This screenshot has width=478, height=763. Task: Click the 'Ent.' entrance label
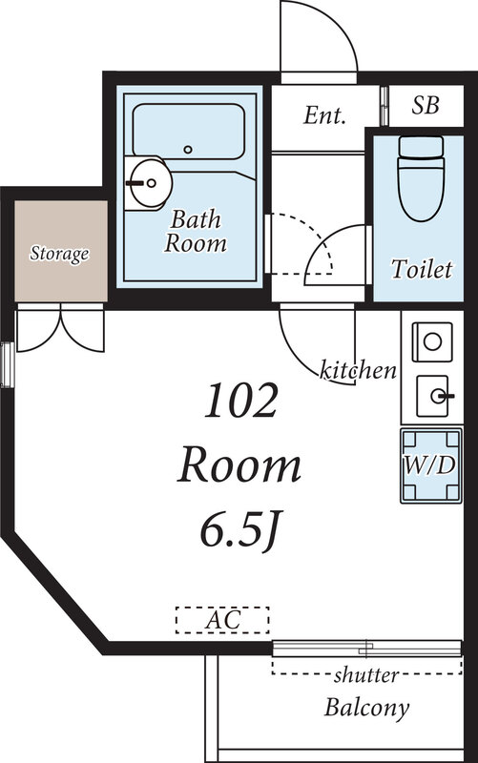pos(324,115)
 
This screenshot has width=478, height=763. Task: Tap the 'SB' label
pos(426,105)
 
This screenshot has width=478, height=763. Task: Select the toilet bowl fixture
pos(421,187)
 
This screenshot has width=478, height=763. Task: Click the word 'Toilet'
pos(422,269)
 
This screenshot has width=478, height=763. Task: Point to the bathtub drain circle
pos(188,150)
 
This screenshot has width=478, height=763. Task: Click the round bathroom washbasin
pos(151,183)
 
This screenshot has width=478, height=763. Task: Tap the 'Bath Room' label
pos(196,231)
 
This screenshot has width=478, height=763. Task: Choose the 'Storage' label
pos(59,254)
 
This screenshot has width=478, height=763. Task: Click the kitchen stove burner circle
pos(432,341)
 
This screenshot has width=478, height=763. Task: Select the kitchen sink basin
pos(432,396)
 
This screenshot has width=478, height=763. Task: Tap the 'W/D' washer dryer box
pos(431,465)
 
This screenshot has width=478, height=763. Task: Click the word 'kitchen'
pos(358,371)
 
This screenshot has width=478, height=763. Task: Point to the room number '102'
pos(241,401)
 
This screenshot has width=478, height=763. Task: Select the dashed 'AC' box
pos(222,620)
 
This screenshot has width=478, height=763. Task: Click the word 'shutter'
pos(366,675)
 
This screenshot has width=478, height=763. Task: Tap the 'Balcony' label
pos(367,708)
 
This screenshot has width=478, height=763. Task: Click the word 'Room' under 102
pos(239,465)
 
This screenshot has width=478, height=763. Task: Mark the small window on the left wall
pos(7,365)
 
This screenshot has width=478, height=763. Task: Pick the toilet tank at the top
pos(421,146)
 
